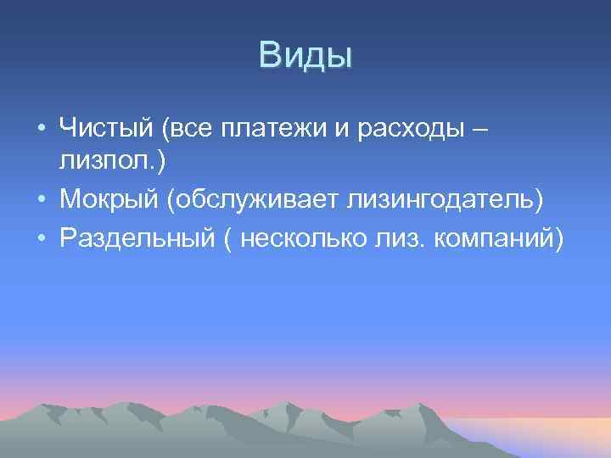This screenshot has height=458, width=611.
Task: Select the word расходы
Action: pyautogui.click(x=404, y=129)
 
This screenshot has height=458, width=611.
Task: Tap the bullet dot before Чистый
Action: pyautogui.click(x=41, y=130)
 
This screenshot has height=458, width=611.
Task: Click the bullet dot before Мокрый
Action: pyautogui.click(x=41, y=200)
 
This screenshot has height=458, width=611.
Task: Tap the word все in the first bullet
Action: pyautogui.click(x=192, y=129)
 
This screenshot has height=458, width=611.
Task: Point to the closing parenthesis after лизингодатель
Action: pyautogui.click(x=539, y=200)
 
